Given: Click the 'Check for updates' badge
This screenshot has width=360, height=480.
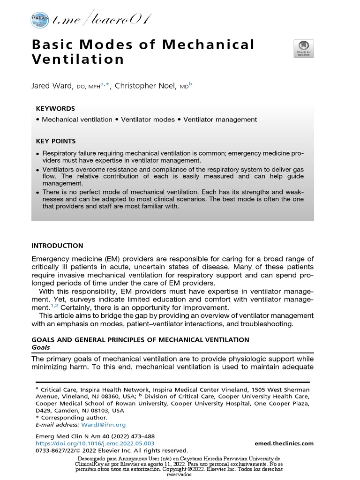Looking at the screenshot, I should click(303, 49).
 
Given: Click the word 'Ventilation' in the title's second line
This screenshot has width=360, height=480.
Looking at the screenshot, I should click(78, 60).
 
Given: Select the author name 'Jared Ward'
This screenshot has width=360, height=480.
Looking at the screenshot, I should click(51, 86).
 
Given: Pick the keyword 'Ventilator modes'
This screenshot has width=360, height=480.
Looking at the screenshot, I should click(148, 120).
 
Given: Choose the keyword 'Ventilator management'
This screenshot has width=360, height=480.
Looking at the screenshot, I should click(220, 120).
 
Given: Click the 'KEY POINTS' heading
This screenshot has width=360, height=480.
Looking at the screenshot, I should click(56, 141).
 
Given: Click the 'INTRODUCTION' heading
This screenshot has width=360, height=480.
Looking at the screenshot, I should click(57, 246).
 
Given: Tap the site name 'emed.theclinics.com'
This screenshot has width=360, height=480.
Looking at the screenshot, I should click(284, 443).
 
